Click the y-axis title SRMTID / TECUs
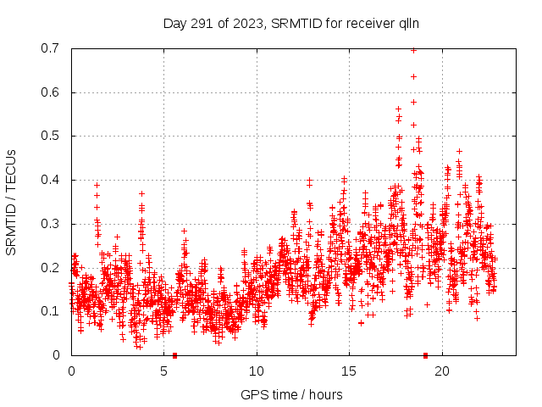[12, 201]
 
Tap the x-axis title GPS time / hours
[291, 394]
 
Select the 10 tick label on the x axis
[257, 371]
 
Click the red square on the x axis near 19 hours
[425, 354]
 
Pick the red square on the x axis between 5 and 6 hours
[174, 354]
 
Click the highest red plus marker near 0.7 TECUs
[413, 50]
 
